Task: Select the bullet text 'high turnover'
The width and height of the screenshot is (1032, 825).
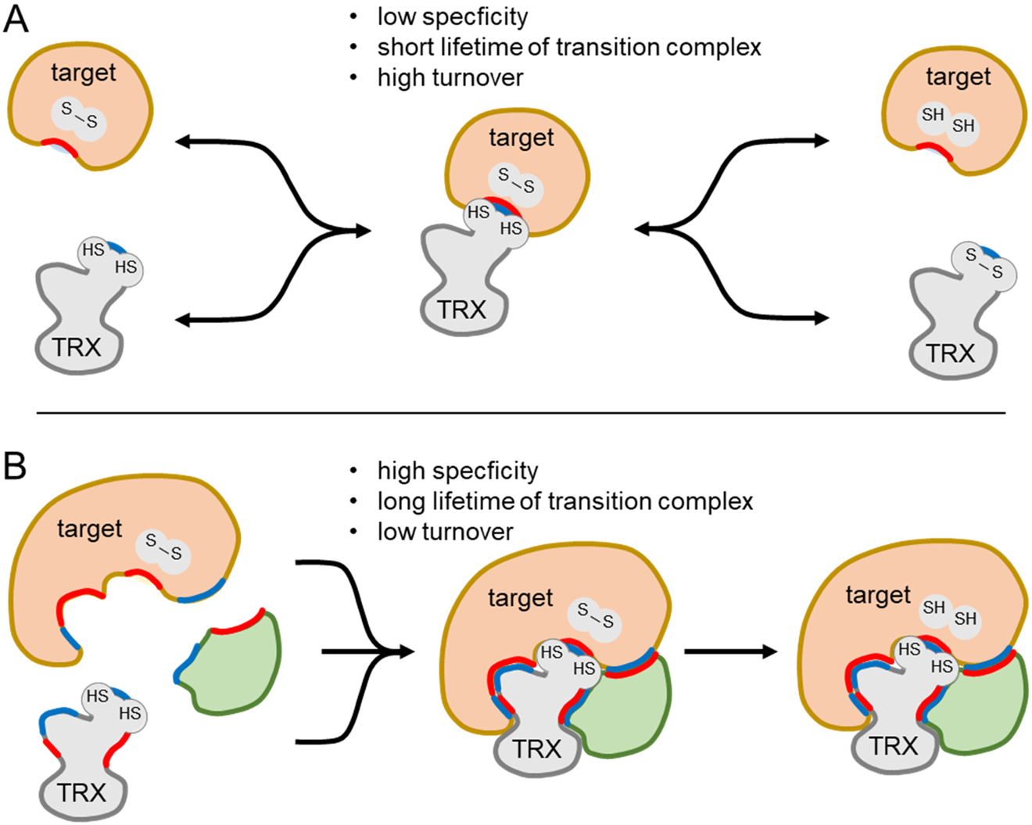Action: [x=450, y=77]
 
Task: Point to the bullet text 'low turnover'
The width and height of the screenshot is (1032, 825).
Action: [x=445, y=532]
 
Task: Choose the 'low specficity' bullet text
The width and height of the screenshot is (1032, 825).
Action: [x=452, y=16]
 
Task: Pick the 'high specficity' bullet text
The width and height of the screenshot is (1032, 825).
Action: [x=457, y=471]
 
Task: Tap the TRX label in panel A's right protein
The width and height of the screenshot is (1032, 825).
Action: [x=950, y=353]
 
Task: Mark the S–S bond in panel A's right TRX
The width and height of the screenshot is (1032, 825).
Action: [x=984, y=263]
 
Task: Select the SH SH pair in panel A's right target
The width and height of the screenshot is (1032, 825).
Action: [x=948, y=120]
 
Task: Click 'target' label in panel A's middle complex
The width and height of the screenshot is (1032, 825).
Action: [x=521, y=138]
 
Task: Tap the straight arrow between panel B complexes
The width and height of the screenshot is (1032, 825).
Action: [x=730, y=651]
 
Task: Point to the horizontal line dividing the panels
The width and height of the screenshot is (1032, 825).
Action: [x=516, y=412]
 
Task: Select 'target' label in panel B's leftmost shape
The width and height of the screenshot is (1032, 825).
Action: [x=89, y=529]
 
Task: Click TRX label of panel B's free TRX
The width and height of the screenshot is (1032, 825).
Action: [x=81, y=792]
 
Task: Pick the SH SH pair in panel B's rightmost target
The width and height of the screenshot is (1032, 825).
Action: [x=949, y=613]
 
